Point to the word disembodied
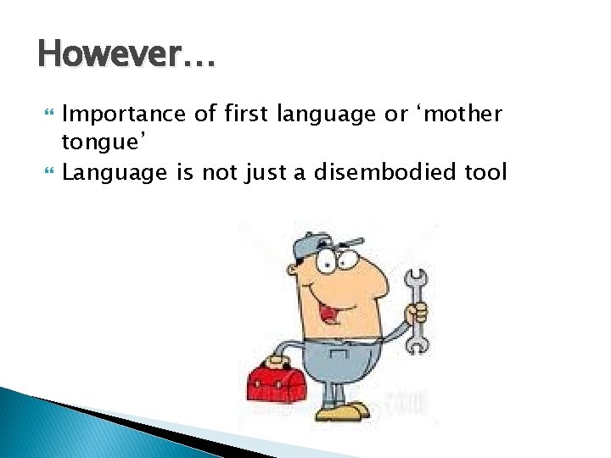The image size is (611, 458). point(386,173)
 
